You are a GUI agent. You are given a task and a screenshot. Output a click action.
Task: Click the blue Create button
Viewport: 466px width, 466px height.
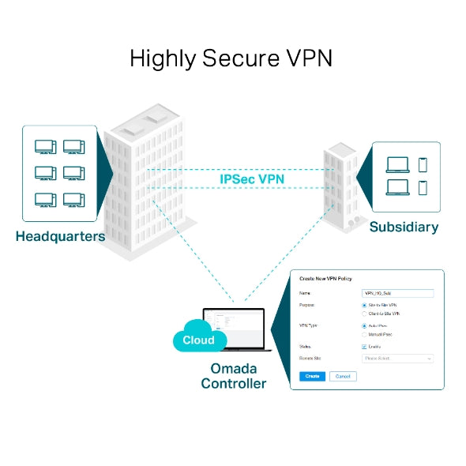(312, 376)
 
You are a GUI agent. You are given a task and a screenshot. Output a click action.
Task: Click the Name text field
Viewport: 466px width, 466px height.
(396, 292)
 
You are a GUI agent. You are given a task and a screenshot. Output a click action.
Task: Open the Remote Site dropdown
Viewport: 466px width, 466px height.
(396, 359)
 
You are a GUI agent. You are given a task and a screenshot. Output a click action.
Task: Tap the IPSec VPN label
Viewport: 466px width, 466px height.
(252, 179)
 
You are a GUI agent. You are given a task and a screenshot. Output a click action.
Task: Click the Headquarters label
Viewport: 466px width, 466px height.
(60, 235)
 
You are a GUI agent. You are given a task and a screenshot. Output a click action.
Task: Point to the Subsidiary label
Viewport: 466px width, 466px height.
(404, 227)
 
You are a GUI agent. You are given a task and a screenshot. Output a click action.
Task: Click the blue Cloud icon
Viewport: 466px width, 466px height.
(198, 339)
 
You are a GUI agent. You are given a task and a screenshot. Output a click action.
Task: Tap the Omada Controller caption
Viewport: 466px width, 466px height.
(233, 376)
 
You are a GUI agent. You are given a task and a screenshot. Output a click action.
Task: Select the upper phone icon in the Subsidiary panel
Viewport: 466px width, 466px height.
(423, 164)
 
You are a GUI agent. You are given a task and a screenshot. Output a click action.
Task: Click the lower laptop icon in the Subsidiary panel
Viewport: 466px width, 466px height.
(397, 187)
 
